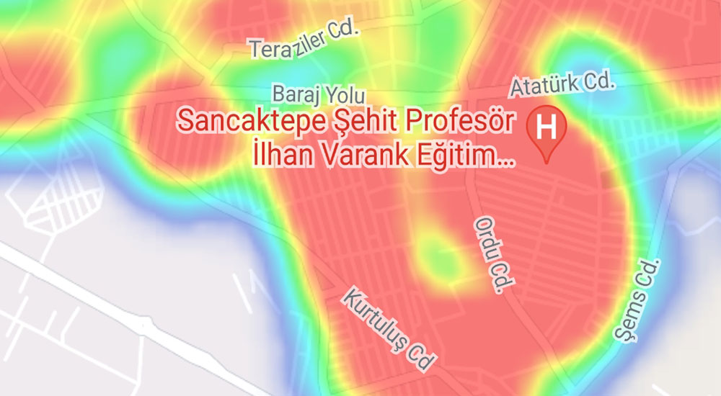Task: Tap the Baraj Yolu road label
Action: coord(319,94)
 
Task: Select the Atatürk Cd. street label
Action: coord(562,84)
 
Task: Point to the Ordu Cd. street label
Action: coord(488,253)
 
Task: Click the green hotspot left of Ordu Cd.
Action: coord(436,256)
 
